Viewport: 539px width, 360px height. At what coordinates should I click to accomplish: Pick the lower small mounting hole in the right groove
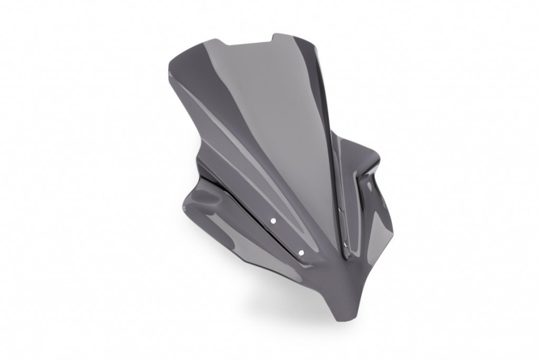pyautogui.click(x=343, y=244)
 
